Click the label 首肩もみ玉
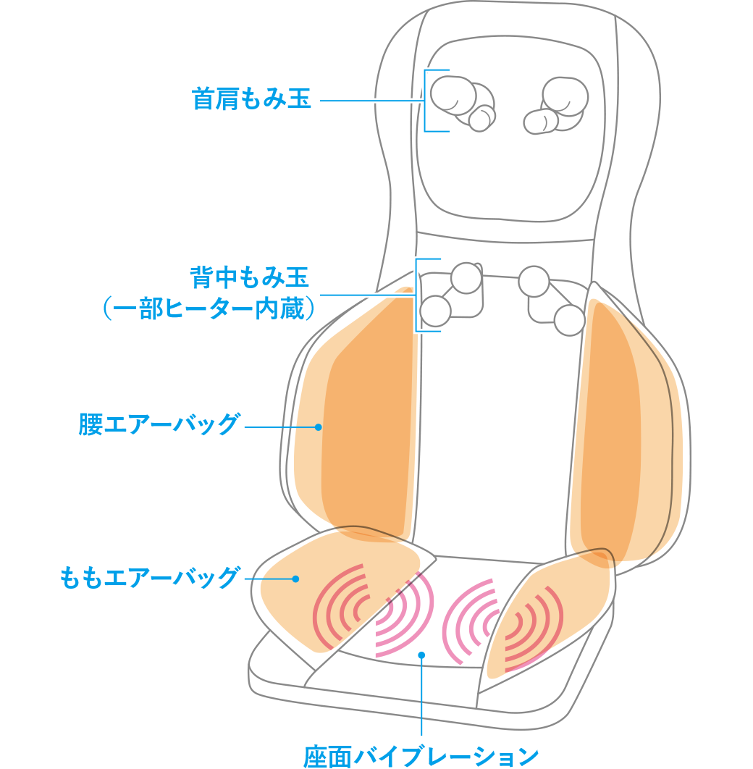(251, 99)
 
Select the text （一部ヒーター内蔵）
(209, 309)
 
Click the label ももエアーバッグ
(149, 578)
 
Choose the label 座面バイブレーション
(421, 756)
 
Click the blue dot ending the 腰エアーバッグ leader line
(318, 427)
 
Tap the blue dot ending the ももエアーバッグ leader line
(295, 579)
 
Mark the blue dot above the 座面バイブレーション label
(421, 655)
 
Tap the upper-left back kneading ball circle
(466, 278)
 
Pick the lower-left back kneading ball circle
(435, 311)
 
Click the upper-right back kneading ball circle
(534, 281)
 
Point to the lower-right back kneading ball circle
(569, 320)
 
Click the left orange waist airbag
(362, 420)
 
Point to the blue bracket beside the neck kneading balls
(426, 101)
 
